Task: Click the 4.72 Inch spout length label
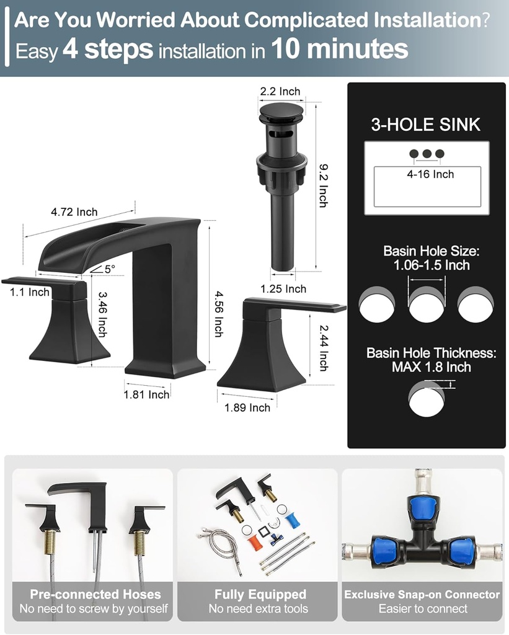[x=74, y=212]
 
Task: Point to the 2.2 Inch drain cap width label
[x=280, y=92]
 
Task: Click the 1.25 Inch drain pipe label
[x=283, y=289]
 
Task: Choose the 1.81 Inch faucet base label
[x=146, y=394]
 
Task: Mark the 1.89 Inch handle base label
[x=247, y=407]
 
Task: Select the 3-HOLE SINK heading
[x=425, y=125]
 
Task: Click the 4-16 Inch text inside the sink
[x=430, y=175]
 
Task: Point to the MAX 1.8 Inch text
[x=431, y=367]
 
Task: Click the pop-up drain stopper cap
[x=281, y=113]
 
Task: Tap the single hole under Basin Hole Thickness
[x=427, y=397]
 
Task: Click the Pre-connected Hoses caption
[x=95, y=595]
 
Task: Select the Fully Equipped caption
[x=260, y=595]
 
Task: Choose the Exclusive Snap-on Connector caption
[x=422, y=595]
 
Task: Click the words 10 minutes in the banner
[x=340, y=49]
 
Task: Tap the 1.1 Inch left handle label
[x=30, y=291]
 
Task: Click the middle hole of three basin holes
[x=427, y=304]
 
